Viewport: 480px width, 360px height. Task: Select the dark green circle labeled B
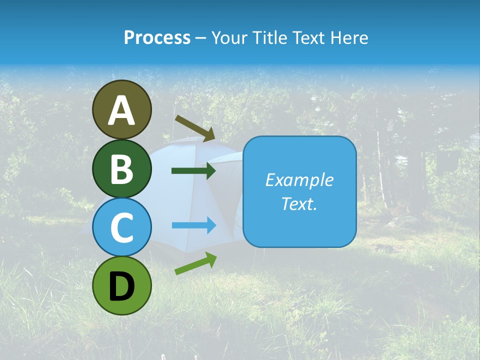click(121, 169)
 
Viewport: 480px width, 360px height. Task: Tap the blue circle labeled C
click(121, 227)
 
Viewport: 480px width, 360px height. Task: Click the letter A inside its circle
click(121, 110)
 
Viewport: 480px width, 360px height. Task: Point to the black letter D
click(121, 286)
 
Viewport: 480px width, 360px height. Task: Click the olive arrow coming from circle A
click(195, 127)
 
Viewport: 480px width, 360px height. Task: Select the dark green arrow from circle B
click(193, 171)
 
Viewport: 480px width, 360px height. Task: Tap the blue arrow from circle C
click(193, 225)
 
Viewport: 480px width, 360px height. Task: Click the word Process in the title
click(157, 38)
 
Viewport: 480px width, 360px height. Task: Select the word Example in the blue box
click(299, 180)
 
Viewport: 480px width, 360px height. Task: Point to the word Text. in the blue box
click(299, 203)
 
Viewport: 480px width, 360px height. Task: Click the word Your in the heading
click(228, 38)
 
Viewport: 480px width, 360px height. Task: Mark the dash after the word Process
click(201, 38)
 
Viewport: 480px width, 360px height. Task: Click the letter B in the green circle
click(121, 169)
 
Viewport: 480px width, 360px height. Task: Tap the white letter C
click(121, 227)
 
